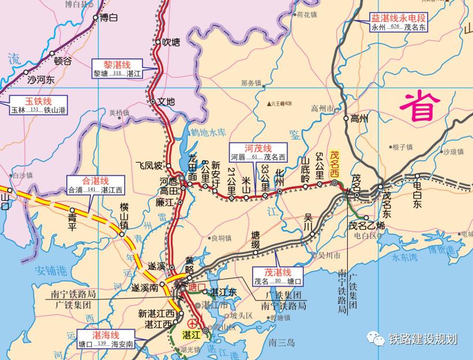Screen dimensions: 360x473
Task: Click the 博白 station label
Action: [x=108, y=17]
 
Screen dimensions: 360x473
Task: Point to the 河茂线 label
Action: [x=259, y=148]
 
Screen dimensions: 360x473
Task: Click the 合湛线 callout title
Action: [x=95, y=180]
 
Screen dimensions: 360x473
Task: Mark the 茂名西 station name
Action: [x=334, y=164]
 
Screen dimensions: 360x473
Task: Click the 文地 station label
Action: [x=166, y=102]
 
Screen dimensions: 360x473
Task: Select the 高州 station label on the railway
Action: [x=359, y=119]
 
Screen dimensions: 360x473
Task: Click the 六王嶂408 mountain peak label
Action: [x=281, y=104]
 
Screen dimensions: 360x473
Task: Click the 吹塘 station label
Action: [x=171, y=42]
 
